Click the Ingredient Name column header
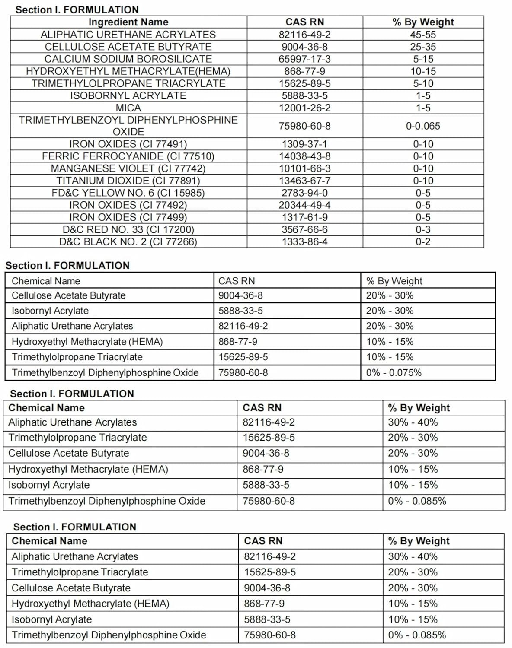[128, 22]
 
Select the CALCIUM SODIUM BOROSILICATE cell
[128, 59]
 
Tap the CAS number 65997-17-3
[305, 59]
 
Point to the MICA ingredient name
[128, 108]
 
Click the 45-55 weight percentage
[423, 35]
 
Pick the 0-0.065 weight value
[423, 126]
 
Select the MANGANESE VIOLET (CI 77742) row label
[128, 168]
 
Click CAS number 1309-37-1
[305, 144]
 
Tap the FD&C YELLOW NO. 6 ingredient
[128, 193]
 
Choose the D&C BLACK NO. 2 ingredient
[128, 241]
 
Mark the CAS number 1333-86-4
[305, 241]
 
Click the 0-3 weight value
[423, 229]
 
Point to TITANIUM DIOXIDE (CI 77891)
[128, 181]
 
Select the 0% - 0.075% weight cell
[394, 372]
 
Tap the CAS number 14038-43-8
[305, 156]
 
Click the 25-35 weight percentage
[423, 47]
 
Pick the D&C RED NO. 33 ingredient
[128, 229]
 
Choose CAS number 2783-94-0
[305, 193]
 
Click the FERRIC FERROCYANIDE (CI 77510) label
[128, 156]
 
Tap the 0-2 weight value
[423, 241]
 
